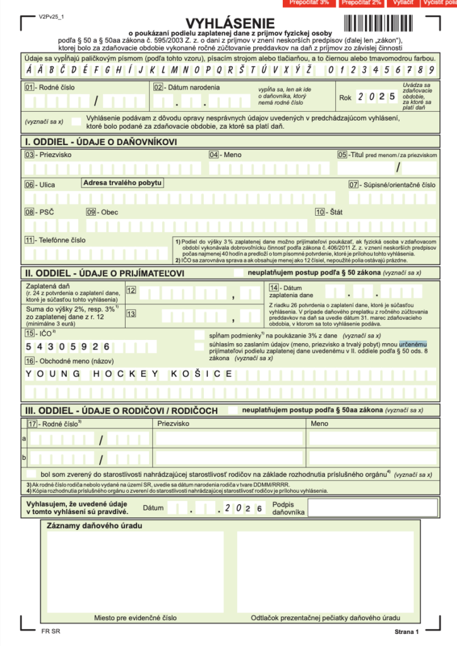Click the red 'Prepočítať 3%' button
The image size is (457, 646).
click(x=309, y=3)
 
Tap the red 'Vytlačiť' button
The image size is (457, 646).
click(x=403, y=3)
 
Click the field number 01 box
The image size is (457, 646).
click(x=29, y=87)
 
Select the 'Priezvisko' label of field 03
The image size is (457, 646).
click(x=55, y=155)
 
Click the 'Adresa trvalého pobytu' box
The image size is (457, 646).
click(x=122, y=183)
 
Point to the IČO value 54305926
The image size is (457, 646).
click(x=68, y=346)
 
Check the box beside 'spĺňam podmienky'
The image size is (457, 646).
click(x=199, y=336)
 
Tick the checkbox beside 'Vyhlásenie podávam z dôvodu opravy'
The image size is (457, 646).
click(x=76, y=120)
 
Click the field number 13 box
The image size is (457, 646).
click(x=131, y=313)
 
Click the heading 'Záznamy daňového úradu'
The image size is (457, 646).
click(x=94, y=526)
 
